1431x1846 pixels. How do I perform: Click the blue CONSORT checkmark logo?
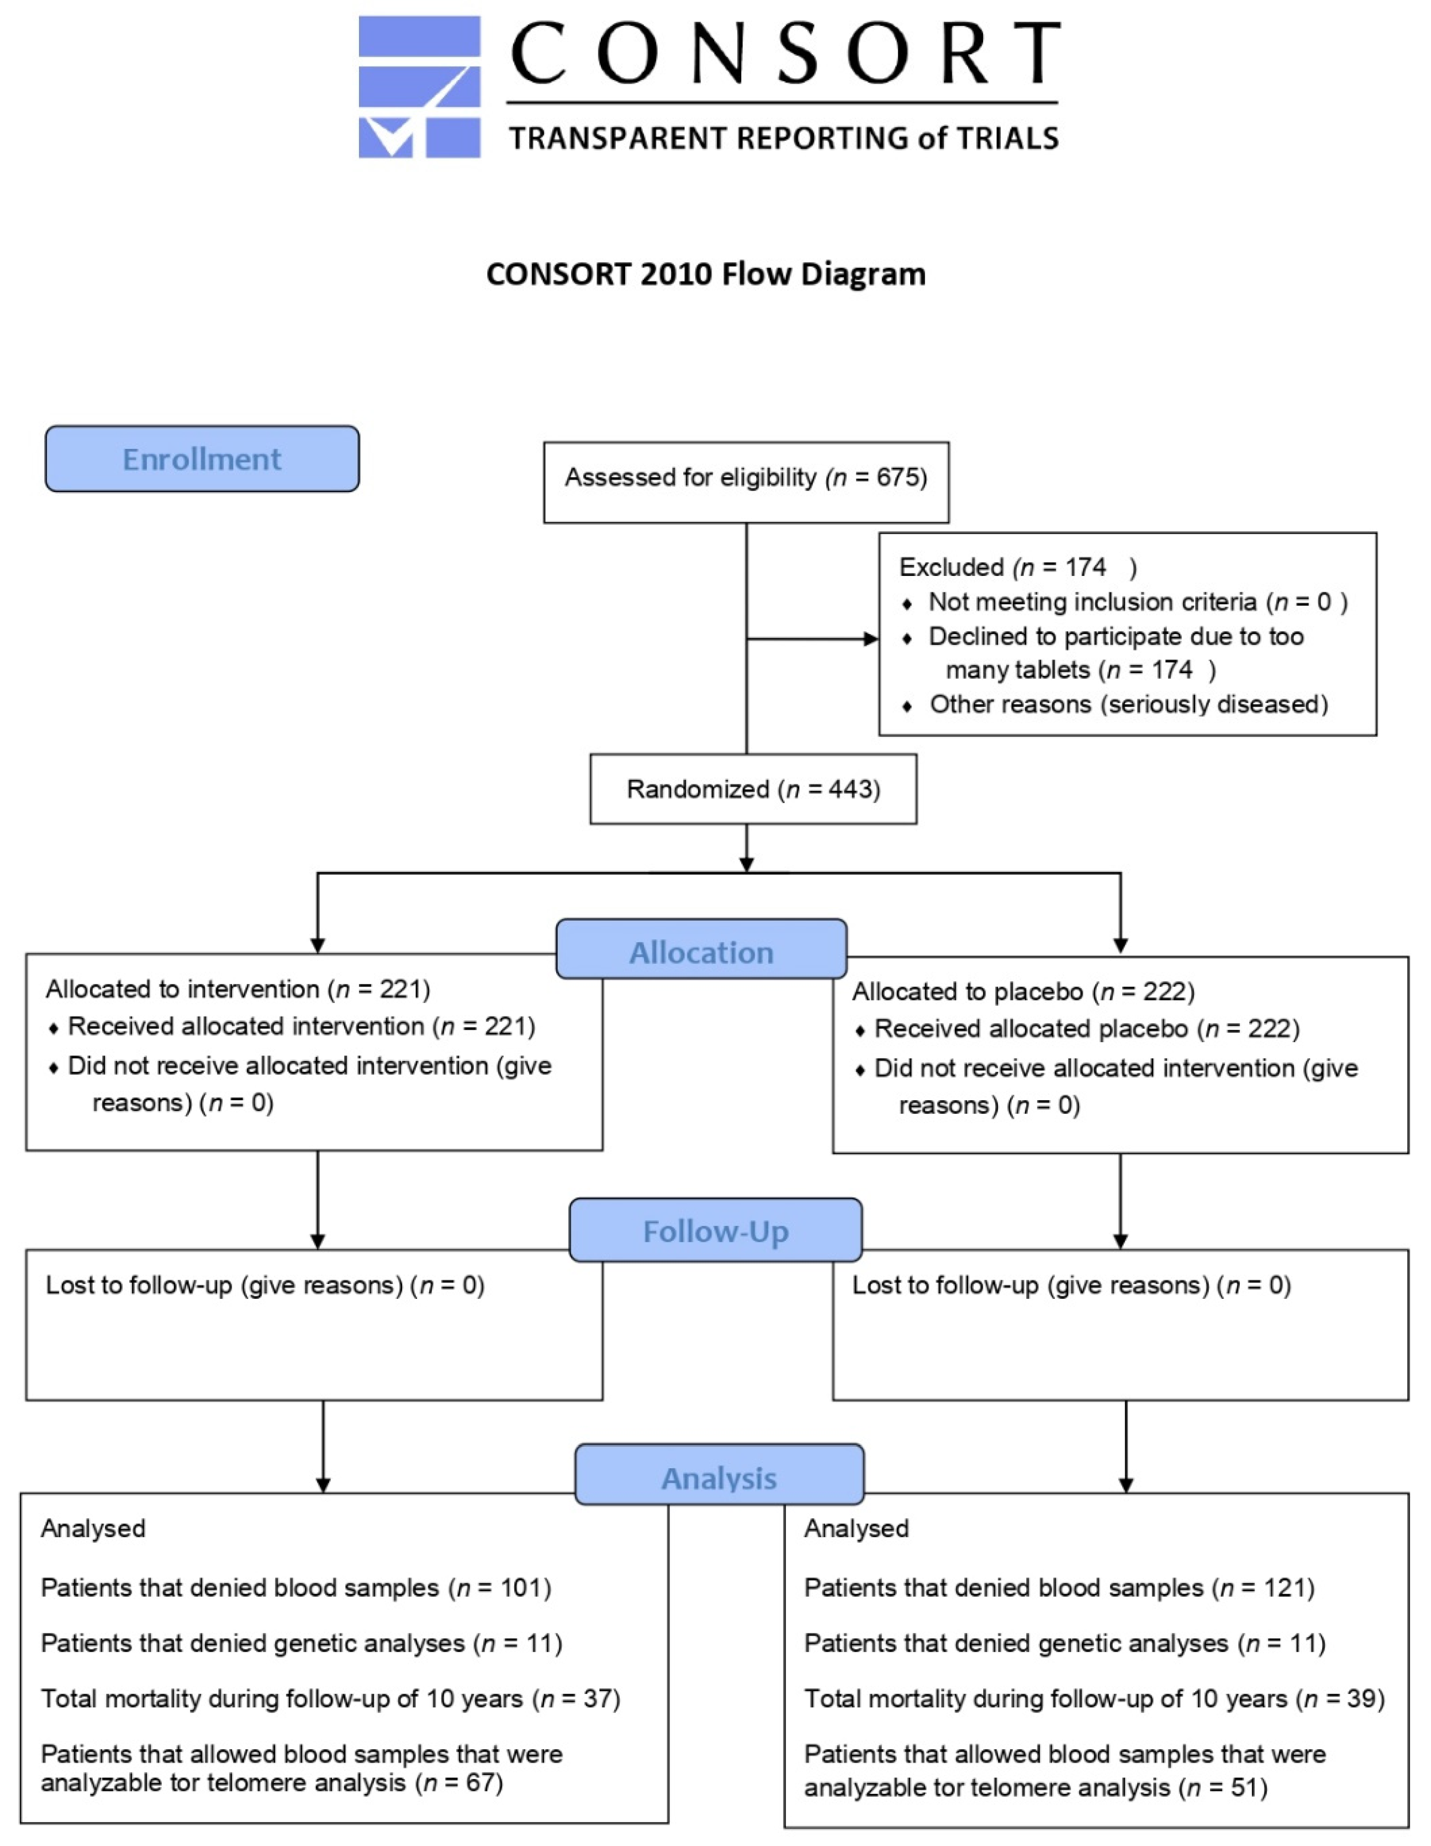point(419,87)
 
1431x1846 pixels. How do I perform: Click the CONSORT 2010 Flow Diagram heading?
point(706,274)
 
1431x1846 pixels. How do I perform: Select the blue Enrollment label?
point(202,459)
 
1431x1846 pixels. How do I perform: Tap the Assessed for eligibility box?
point(745,482)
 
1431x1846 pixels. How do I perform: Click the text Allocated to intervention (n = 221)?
point(237,989)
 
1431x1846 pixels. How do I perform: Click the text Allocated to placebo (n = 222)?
point(1023,992)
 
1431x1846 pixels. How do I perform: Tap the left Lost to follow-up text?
point(265,1285)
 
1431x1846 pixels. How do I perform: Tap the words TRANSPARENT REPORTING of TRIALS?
point(783,138)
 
